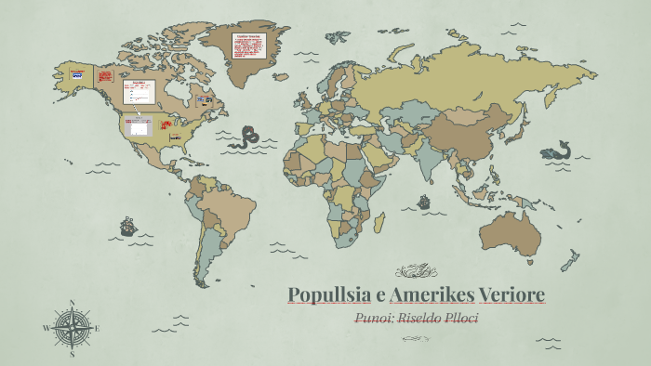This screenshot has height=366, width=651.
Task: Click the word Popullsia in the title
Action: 325,295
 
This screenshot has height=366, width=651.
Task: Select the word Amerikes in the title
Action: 432,295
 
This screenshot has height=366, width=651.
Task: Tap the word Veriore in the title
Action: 511,295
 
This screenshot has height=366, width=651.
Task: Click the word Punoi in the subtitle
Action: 378,319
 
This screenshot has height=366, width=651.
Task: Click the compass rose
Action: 71,328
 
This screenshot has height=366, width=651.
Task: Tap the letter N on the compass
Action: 72,303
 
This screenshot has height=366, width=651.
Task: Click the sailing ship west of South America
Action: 127,226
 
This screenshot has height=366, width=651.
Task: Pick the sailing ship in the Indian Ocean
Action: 424,202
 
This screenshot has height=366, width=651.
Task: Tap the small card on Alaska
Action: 77,74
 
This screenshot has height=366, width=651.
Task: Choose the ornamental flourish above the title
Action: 415,272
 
